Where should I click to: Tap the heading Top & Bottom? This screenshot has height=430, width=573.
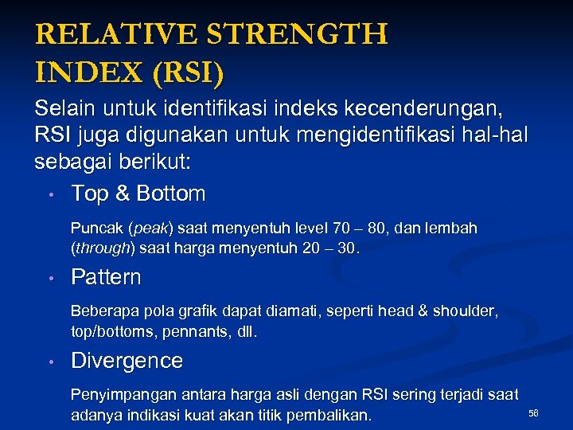point(138,193)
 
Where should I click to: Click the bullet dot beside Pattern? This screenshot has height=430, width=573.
point(49,278)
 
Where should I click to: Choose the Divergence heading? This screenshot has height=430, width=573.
point(127,361)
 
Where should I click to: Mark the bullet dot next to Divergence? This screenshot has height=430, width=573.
point(49,362)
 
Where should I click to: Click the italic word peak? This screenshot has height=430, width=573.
point(150,229)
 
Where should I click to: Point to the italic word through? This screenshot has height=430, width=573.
point(102,248)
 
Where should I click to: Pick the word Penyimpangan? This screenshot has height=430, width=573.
point(120,394)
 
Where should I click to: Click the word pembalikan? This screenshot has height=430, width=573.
point(328,415)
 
